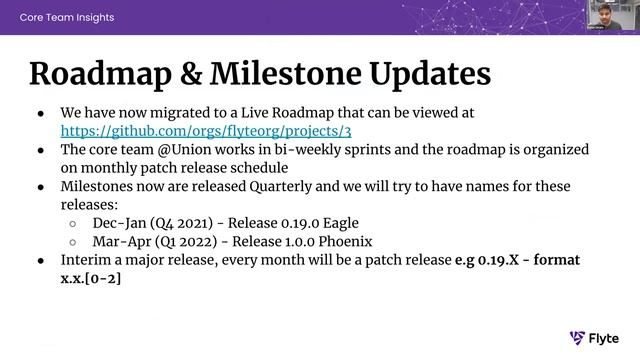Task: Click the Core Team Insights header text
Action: [x=67, y=17]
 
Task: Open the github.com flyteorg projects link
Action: [x=206, y=131]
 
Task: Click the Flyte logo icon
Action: [x=577, y=338]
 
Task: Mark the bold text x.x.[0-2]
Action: [x=93, y=278]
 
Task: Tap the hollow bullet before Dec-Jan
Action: [x=74, y=223]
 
